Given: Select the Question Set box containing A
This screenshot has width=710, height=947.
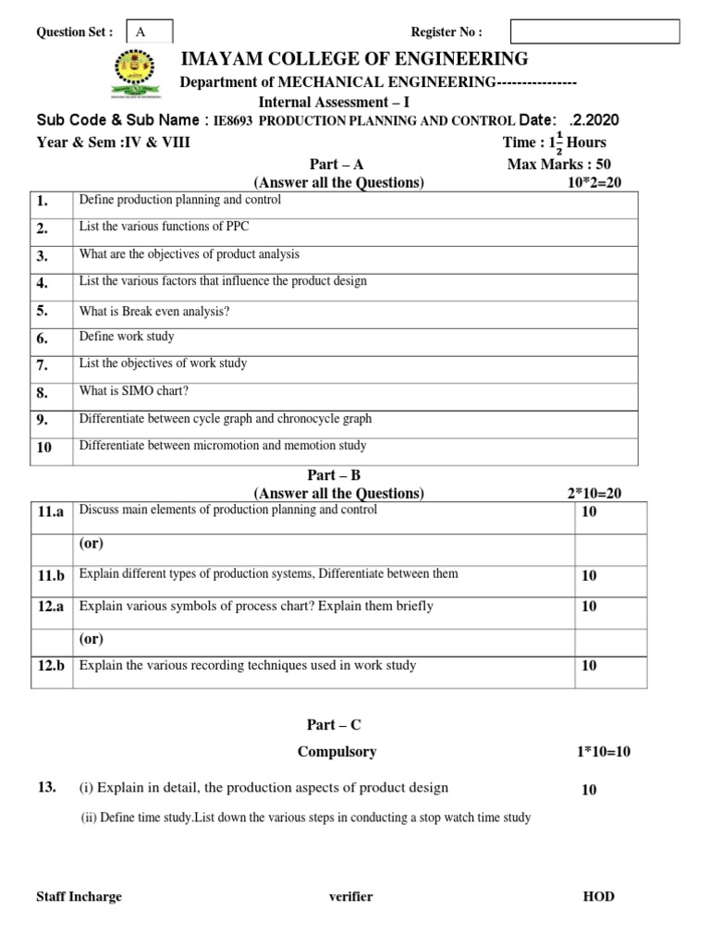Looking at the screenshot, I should coord(149,31).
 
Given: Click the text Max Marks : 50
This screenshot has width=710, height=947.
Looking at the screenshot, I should coord(558,164).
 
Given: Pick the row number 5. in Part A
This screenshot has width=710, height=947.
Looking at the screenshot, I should coord(43,312).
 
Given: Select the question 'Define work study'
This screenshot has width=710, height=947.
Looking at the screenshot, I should coord(127,338).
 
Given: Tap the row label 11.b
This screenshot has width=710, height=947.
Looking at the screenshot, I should coord(51,575).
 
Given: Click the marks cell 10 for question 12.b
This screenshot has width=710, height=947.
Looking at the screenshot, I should coord(589,666).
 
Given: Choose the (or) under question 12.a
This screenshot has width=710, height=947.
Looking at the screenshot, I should coord(92,638).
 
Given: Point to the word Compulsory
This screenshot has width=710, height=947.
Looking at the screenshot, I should coord(337,752).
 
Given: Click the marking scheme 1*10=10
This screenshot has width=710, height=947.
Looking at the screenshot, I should coord(602,752).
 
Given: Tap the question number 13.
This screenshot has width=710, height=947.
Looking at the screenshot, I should coord(47,787).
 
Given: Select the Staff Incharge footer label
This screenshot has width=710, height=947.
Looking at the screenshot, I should coord(79,896).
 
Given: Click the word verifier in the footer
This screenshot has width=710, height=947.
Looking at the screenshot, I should coord(350,896).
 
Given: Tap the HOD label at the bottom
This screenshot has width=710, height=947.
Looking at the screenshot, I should coord(598,896).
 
